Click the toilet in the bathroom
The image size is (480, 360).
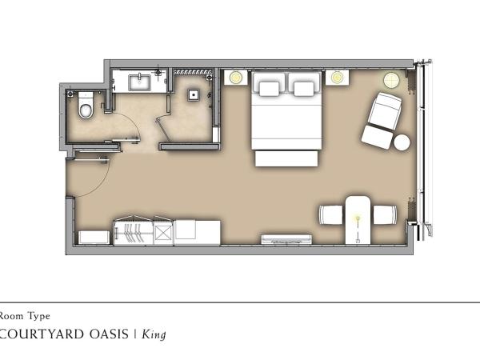[86, 105]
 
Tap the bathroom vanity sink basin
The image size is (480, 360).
[139, 82]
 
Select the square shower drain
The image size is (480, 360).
[194, 95]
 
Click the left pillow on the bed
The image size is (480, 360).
[270, 89]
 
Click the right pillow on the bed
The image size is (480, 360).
[303, 89]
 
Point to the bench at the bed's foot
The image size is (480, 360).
[286, 158]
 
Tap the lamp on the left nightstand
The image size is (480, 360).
[236, 77]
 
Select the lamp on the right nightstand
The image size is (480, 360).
[337, 77]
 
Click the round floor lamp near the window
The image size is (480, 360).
[391, 80]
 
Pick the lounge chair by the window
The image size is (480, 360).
[382, 121]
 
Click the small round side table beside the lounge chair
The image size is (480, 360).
[402, 142]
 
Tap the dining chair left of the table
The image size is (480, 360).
[331, 214]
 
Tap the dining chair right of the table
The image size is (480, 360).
[385, 214]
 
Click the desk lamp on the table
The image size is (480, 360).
[358, 218]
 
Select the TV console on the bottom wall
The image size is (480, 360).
[286, 240]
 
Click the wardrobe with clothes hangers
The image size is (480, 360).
[133, 231]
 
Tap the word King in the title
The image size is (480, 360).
[154, 334]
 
